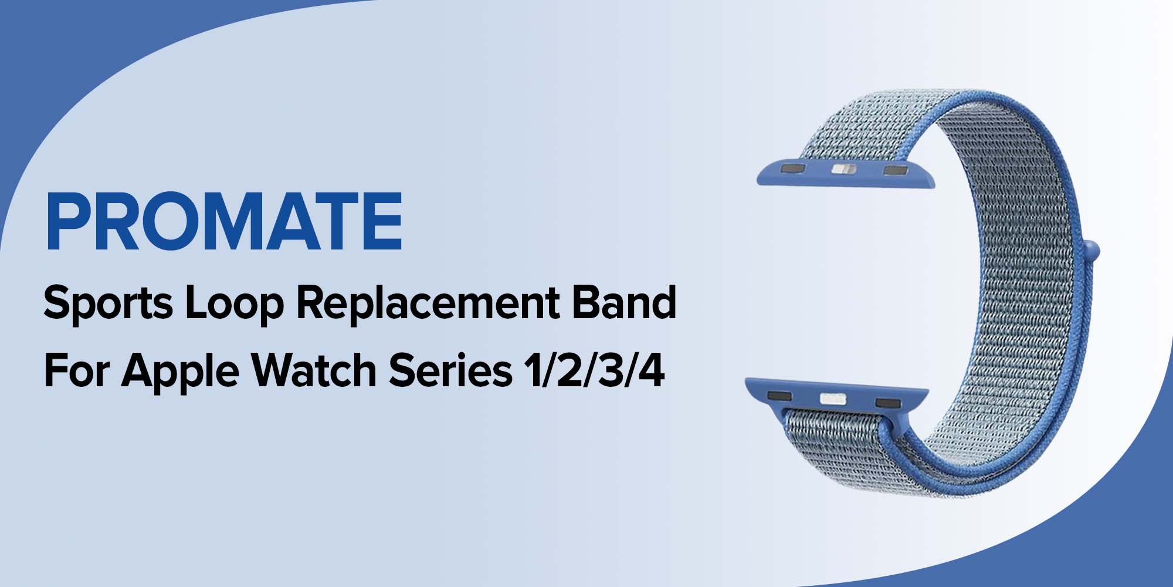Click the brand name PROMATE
click(x=224, y=221)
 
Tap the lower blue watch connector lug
click(x=837, y=400)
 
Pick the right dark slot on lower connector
click(x=887, y=402)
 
